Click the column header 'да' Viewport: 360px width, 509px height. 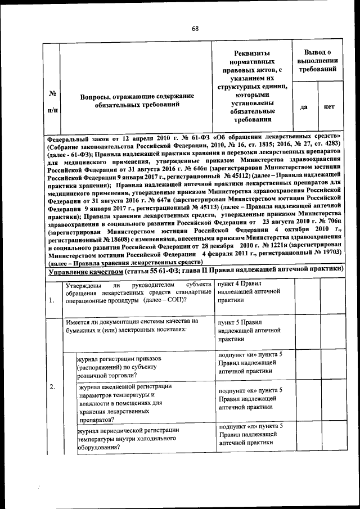304,107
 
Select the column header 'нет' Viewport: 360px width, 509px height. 329,107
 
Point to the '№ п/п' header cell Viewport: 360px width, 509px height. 52,101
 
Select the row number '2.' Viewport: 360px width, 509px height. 52,387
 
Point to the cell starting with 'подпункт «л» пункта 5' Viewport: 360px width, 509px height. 250,434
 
